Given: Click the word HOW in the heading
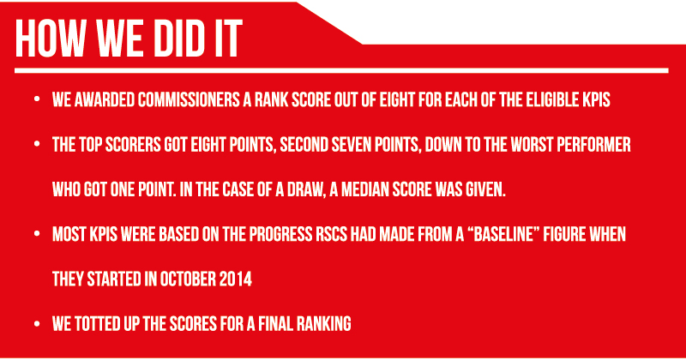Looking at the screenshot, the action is [50, 39].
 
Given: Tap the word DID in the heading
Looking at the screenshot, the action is [176, 39].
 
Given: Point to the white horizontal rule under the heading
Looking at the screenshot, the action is [341, 70].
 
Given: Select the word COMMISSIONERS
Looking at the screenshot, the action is [189, 100].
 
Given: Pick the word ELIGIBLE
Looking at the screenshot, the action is [550, 100].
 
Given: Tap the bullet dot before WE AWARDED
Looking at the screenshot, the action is [37, 99].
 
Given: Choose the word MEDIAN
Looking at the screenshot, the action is [364, 189].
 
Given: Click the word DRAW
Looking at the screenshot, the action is [306, 190].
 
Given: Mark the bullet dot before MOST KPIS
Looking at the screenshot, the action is [37, 234].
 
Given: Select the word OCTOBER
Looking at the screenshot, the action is [188, 279].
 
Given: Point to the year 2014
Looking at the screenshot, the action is [237, 279].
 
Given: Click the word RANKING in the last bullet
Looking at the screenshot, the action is [324, 324].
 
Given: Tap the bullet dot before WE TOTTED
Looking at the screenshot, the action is [37, 324].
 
